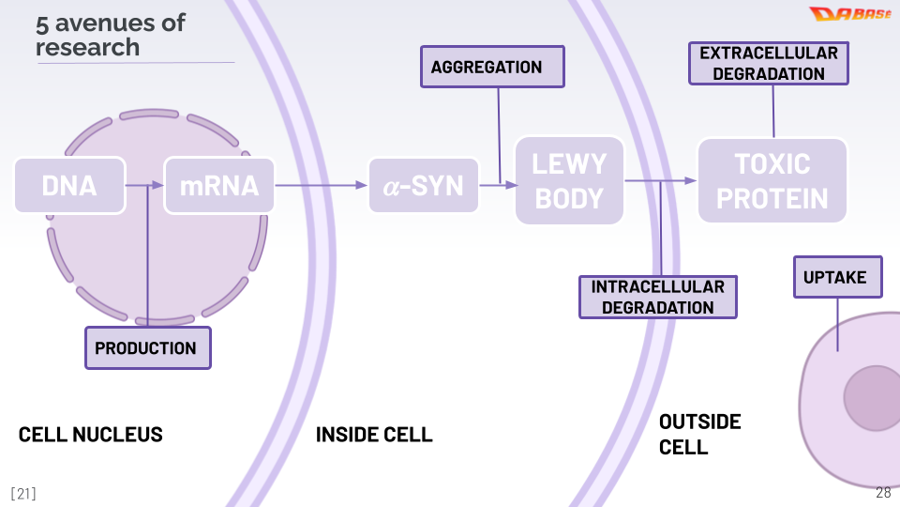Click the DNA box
pyautogui.click(x=69, y=185)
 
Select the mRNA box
pyautogui.click(x=219, y=185)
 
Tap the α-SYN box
pyautogui.click(x=423, y=185)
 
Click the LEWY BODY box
pyautogui.click(x=569, y=180)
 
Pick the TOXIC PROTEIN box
pyautogui.click(x=772, y=180)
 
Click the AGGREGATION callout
pyautogui.click(x=492, y=67)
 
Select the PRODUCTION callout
pyautogui.click(x=147, y=347)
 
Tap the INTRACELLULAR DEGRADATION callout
pyautogui.click(x=657, y=297)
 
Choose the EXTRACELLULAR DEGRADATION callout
pyautogui.click(x=768, y=63)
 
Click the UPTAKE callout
pyautogui.click(x=837, y=277)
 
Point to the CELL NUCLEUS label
pyautogui.click(x=91, y=434)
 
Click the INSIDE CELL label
pyautogui.click(x=374, y=434)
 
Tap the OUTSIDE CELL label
pyautogui.click(x=699, y=434)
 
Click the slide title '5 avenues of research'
pyautogui.click(x=111, y=35)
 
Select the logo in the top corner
pyautogui.click(x=849, y=14)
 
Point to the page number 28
pyautogui.click(x=883, y=493)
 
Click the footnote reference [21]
pyautogui.click(x=23, y=493)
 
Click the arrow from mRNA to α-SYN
pyautogui.click(x=321, y=185)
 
